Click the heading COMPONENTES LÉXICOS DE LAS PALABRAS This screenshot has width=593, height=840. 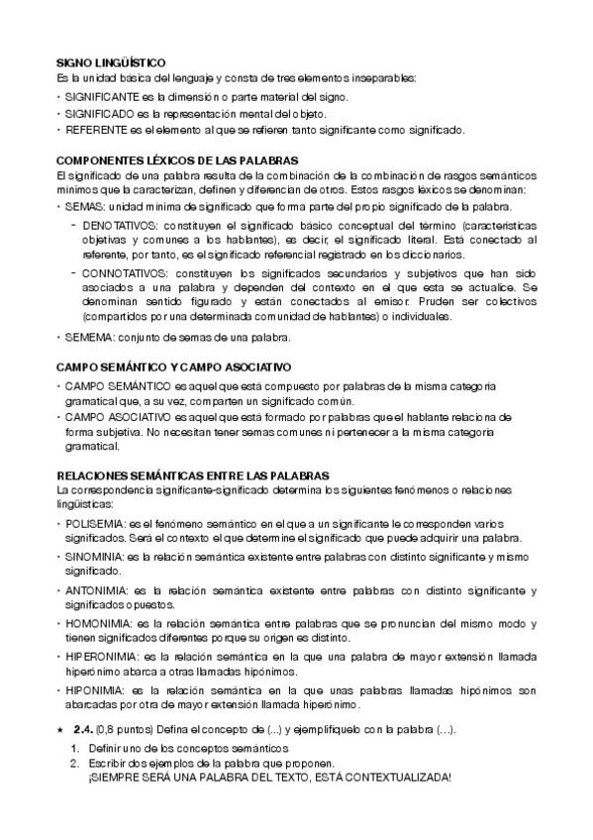(177, 159)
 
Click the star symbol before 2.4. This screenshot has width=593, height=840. (61, 729)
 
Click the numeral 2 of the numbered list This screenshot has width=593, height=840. (73, 765)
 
